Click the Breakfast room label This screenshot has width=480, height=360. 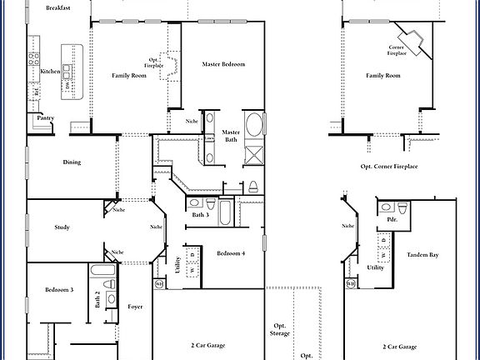point(58,7)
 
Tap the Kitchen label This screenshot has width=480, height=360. point(50,72)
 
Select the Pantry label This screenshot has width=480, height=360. point(45,119)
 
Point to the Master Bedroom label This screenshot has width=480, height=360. point(223,64)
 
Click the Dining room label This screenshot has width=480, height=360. point(72,162)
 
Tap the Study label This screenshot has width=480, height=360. point(62,227)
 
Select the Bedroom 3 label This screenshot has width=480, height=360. point(59,290)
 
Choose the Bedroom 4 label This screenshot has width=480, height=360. point(231,253)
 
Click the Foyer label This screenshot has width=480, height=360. point(135,307)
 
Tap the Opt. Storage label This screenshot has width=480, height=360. point(280,329)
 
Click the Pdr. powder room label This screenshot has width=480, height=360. point(392,221)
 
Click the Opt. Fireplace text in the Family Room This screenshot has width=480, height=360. point(154,62)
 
